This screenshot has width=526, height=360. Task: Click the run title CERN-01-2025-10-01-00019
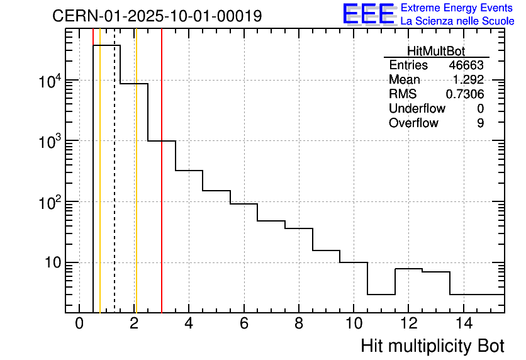(157, 16)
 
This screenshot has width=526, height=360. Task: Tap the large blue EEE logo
(369, 14)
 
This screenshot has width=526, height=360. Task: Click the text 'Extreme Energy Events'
(457, 8)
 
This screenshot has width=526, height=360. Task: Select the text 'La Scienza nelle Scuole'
(457, 21)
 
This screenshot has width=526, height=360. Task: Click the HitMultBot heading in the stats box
(435, 52)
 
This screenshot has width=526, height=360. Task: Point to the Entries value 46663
(466, 65)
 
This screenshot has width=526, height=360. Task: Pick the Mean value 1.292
(468, 80)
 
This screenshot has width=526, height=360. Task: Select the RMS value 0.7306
(465, 94)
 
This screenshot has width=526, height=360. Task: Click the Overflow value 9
(480, 123)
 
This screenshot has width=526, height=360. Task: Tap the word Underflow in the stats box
(417, 109)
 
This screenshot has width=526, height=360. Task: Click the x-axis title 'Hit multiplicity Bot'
(432, 346)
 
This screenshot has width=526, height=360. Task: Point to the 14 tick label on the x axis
(463, 323)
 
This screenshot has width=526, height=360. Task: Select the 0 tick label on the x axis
(79, 323)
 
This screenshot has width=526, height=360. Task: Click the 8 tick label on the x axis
(299, 323)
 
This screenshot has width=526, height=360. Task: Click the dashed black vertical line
(115, 189)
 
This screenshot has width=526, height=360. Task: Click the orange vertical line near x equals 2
(136, 189)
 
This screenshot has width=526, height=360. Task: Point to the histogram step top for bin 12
(408, 269)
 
